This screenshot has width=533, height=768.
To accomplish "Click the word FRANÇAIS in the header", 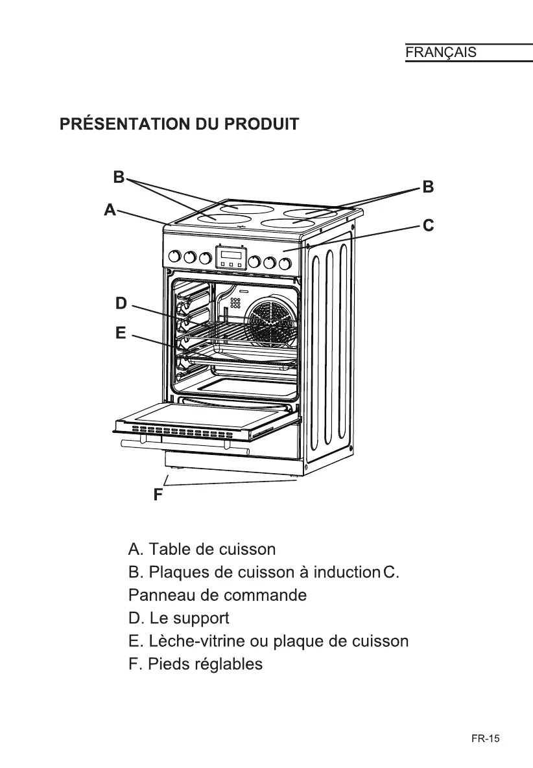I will pyautogui.click(x=441, y=52).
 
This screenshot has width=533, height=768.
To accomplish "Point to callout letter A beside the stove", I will pyautogui.click(x=110, y=209).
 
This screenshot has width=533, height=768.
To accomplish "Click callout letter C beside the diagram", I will pyautogui.click(x=428, y=226).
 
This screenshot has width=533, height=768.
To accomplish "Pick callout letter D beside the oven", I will pyautogui.click(x=121, y=303).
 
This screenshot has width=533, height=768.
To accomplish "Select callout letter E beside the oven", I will pyautogui.click(x=121, y=333).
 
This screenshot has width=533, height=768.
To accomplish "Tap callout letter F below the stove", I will pyautogui.click(x=158, y=496).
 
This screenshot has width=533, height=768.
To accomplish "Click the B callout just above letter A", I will pyautogui.click(x=119, y=176).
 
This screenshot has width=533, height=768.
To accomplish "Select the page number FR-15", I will pyautogui.click(x=486, y=738).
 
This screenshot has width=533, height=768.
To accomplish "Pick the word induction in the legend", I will pyautogui.click(x=346, y=573).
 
